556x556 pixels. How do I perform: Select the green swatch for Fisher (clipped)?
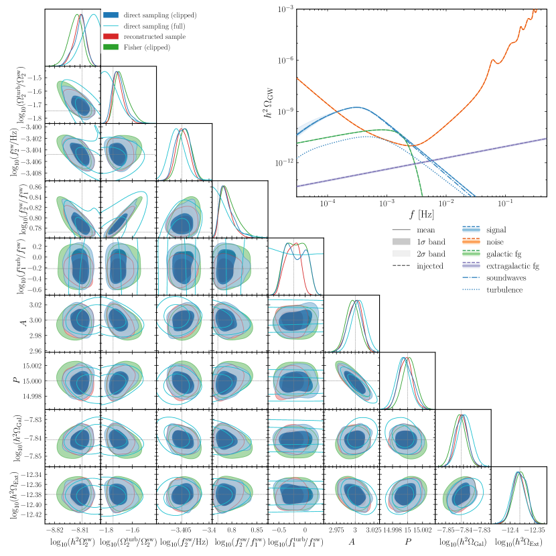pos(112,47)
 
